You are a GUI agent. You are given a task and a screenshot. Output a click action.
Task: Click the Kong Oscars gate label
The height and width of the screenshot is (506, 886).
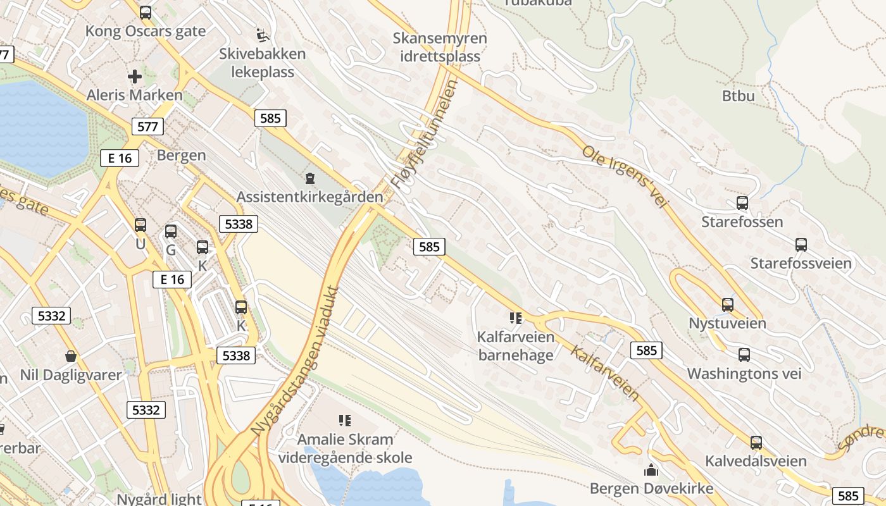pyautogui.click(x=146, y=31)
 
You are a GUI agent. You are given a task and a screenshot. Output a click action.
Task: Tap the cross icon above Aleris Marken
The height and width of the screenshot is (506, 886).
pyautogui.click(x=135, y=77)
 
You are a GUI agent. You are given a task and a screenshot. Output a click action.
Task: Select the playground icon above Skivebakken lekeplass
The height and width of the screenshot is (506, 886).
pyautogui.click(x=261, y=33)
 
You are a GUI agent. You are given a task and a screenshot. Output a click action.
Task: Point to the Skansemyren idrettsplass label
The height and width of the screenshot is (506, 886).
pyautogui.click(x=440, y=47)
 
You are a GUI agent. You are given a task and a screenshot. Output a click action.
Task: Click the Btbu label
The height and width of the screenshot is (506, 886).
pyautogui.click(x=739, y=96)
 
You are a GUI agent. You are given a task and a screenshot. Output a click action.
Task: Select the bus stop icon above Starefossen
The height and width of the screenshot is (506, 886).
pyautogui.click(x=742, y=203)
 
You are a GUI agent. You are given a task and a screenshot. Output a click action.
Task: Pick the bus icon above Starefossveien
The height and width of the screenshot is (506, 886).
pyautogui.click(x=801, y=244)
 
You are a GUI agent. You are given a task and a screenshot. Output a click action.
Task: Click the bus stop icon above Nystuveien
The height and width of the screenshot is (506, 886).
pyautogui.click(x=728, y=304)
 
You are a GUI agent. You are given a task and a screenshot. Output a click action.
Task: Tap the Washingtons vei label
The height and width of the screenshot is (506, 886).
pyautogui.click(x=744, y=374)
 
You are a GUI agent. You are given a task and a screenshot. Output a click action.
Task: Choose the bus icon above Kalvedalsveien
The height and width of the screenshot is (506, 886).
pyautogui.click(x=756, y=442)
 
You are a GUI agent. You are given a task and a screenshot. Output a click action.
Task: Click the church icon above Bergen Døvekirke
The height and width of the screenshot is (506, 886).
pyautogui.click(x=651, y=470)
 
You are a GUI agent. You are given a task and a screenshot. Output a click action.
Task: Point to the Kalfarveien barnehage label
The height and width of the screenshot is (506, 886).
pyautogui.click(x=516, y=345)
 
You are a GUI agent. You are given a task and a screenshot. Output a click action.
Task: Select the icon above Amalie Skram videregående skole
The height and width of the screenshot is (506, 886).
pyautogui.click(x=345, y=420)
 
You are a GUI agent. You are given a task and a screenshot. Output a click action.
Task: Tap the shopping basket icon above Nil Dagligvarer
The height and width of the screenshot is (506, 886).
pyautogui.click(x=71, y=357)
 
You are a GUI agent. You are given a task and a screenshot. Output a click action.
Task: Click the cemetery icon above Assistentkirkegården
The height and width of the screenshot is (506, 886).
pyautogui.click(x=310, y=178)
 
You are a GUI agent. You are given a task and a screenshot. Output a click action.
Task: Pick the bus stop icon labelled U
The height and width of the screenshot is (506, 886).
pyautogui.click(x=140, y=225)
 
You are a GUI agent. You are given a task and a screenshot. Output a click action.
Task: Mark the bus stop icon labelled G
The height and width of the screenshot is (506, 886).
pyautogui.click(x=171, y=231)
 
